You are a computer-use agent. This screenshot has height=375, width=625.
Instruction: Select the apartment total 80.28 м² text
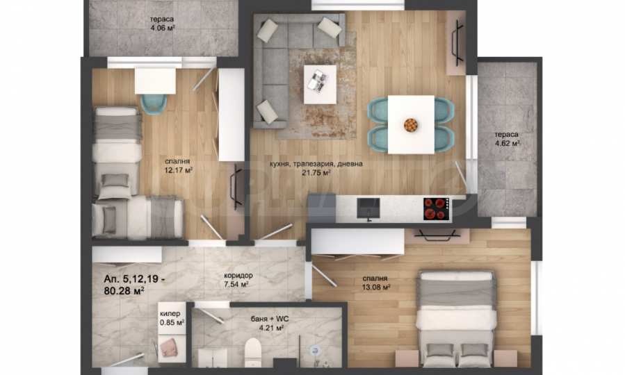tap(128, 285)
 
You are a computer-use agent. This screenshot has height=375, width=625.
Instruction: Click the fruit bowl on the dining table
tap(411, 125)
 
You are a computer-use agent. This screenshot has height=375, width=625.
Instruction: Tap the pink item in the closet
tap(170, 346)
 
